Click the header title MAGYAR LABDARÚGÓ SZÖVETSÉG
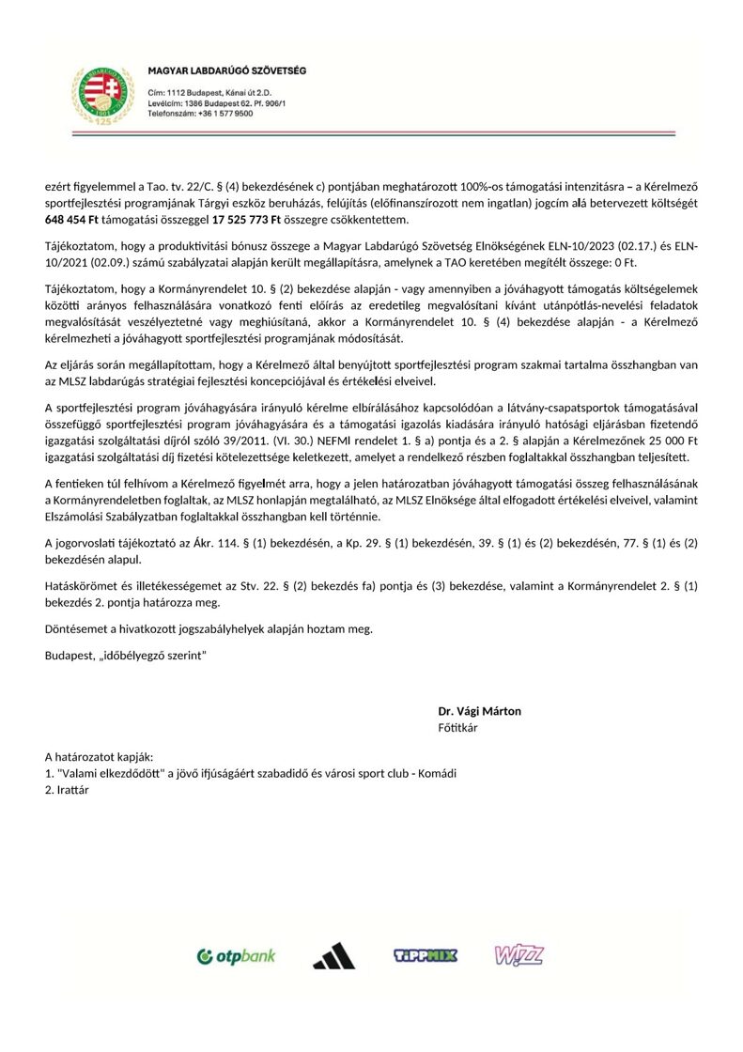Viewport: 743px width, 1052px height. [226, 71]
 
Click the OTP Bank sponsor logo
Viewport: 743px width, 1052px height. [236, 956]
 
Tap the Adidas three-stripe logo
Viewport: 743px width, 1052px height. [333, 956]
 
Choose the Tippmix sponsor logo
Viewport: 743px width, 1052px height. [425, 956]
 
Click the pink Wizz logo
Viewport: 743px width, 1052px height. [519, 955]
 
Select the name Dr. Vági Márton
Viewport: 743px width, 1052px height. [479, 711]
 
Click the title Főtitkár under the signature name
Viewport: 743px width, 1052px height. [457, 727]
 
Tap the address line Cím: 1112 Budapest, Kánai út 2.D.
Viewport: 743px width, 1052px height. [209, 93]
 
